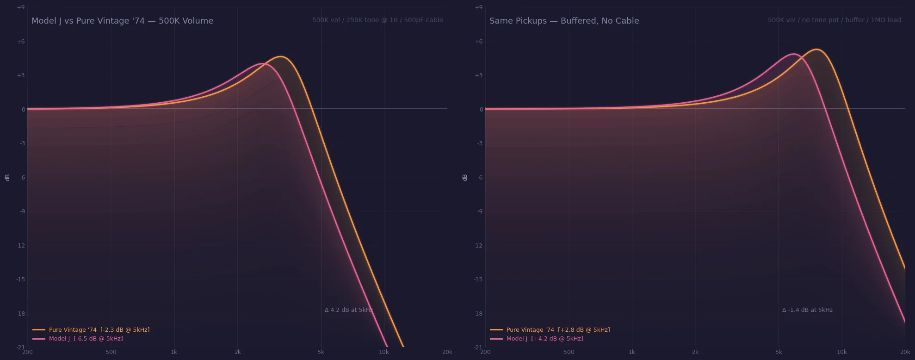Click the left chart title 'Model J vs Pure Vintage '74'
click(x=122, y=21)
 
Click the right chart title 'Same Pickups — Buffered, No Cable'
click(x=564, y=21)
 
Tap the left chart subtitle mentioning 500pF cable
click(x=377, y=20)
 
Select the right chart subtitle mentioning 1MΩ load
click(x=834, y=20)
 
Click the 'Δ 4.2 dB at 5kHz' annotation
click(x=348, y=310)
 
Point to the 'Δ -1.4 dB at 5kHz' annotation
click(x=807, y=310)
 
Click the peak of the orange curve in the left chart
click(x=281, y=56)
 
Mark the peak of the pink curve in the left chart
click(x=262, y=63)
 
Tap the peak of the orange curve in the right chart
click(x=817, y=49)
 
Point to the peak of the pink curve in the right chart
click(x=794, y=54)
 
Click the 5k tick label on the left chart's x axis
click(x=321, y=352)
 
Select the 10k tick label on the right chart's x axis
click(x=841, y=352)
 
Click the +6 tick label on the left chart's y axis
click(x=21, y=42)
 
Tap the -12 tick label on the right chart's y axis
click(x=478, y=245)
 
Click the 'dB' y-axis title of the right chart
click(x=465, y=177)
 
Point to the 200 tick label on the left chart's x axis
click(x=27, y=352)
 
